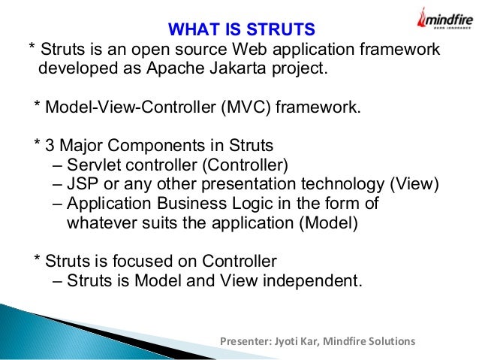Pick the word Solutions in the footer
point(391,341)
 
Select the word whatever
point(95,223)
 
